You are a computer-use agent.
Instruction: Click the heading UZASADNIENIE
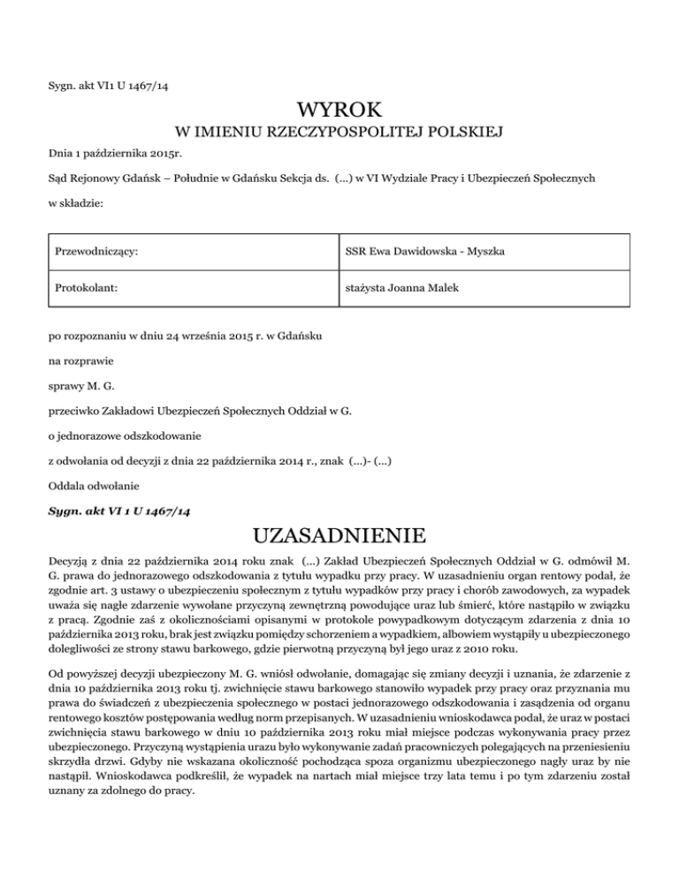tap(339, 535)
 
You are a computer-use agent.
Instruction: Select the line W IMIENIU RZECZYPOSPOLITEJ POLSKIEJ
tap(339, 133)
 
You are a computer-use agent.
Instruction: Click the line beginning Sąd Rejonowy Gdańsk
tap(309, 178)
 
